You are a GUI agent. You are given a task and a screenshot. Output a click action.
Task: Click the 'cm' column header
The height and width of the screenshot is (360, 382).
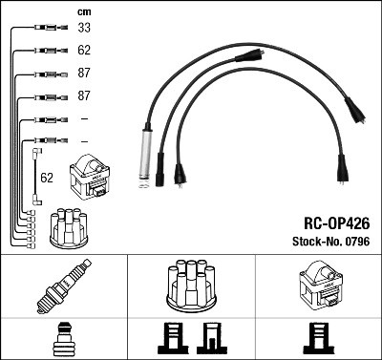coord(82,11)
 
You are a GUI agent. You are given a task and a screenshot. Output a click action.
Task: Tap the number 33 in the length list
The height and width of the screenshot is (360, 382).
coord(84,29)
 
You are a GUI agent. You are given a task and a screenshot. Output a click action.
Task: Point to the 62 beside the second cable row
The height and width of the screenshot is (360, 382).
coord(84,51)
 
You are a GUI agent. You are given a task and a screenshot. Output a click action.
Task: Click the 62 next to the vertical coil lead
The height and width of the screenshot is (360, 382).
coord(47,177)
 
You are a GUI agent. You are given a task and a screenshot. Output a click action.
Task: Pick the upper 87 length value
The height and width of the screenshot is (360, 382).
coord(84,74)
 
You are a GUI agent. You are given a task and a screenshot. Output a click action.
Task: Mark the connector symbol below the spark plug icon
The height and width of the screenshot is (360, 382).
coord(64,338)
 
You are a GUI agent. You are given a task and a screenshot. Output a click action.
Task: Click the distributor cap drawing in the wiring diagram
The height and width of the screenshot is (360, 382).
coord(69,225)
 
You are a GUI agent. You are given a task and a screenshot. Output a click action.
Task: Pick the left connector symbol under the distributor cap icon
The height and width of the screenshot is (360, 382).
coord(169,338)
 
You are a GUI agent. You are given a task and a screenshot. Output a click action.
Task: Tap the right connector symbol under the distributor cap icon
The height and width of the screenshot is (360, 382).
coord(210,338)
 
